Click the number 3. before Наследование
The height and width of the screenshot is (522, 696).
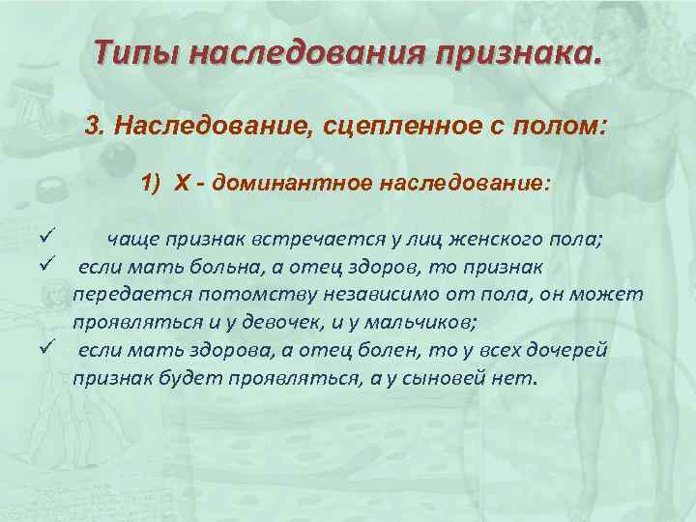tap(94, 127)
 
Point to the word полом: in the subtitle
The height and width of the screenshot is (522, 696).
tap(563, 127)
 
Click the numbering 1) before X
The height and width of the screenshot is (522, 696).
tap(154, 184)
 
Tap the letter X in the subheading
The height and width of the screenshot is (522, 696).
tap(182, 184)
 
